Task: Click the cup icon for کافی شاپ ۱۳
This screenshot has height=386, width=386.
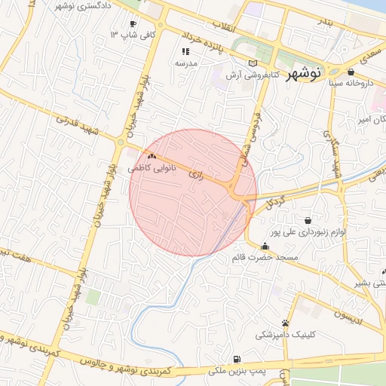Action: point(133,24)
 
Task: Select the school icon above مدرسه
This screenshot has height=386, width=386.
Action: point(185,52)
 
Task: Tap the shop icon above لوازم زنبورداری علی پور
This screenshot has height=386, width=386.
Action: point(308,220)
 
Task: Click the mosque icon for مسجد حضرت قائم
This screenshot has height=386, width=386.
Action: point(264,247)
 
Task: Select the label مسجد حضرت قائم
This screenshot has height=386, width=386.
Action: point(276,258)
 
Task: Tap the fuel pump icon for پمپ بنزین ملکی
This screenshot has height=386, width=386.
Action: point(238,360)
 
